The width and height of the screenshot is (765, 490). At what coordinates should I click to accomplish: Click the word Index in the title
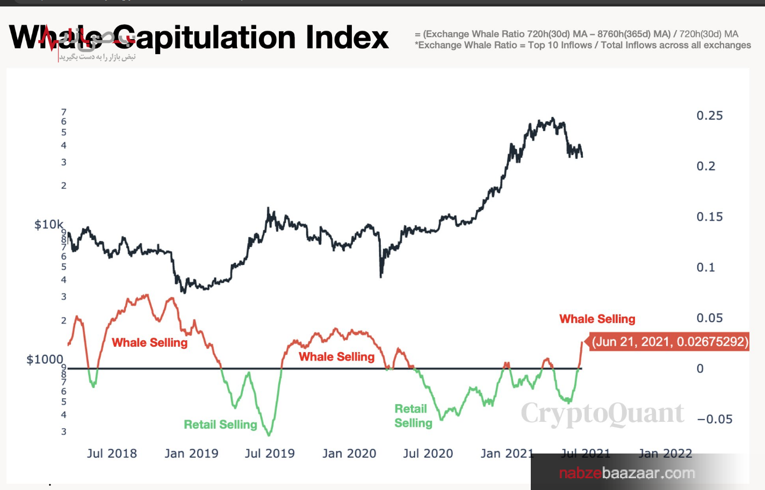click(347, 38)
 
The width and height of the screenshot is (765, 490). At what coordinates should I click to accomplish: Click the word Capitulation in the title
click(204, 39)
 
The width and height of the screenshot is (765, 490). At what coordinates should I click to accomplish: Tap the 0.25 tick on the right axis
click(709, 115)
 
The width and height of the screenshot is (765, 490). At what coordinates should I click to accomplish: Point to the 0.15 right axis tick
click(709, 217)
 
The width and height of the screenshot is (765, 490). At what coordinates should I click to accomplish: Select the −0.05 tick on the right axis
click(715, 419)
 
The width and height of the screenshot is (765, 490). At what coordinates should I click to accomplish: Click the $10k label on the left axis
click(48, 224)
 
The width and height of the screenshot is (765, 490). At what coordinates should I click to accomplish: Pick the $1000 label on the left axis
click(45, 359)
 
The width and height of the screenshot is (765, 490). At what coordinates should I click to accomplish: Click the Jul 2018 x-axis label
click(112, 454)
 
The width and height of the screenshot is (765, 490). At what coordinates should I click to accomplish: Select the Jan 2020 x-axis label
click(349, 454)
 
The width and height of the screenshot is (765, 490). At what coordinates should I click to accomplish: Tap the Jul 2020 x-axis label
click(428, 454)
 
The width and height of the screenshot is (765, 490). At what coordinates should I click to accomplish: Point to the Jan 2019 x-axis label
click(191, 454)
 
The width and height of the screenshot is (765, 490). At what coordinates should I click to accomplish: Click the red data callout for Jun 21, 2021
click(669, 342)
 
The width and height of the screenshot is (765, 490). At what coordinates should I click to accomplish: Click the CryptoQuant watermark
click(602, 414)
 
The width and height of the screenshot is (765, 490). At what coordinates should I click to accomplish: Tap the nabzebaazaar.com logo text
click(627, 473)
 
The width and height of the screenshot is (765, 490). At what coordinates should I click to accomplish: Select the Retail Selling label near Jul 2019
click(220, 425)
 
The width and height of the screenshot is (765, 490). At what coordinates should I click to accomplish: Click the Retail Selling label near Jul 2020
click(413, 416)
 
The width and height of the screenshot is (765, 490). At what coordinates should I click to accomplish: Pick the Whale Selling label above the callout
click(597, 319)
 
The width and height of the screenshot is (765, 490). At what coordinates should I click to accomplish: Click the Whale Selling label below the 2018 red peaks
click(149, 342)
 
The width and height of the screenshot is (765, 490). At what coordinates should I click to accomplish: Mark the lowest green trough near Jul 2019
click(269, 434)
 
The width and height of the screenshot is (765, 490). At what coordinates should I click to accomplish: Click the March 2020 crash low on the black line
click(381, 276)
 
